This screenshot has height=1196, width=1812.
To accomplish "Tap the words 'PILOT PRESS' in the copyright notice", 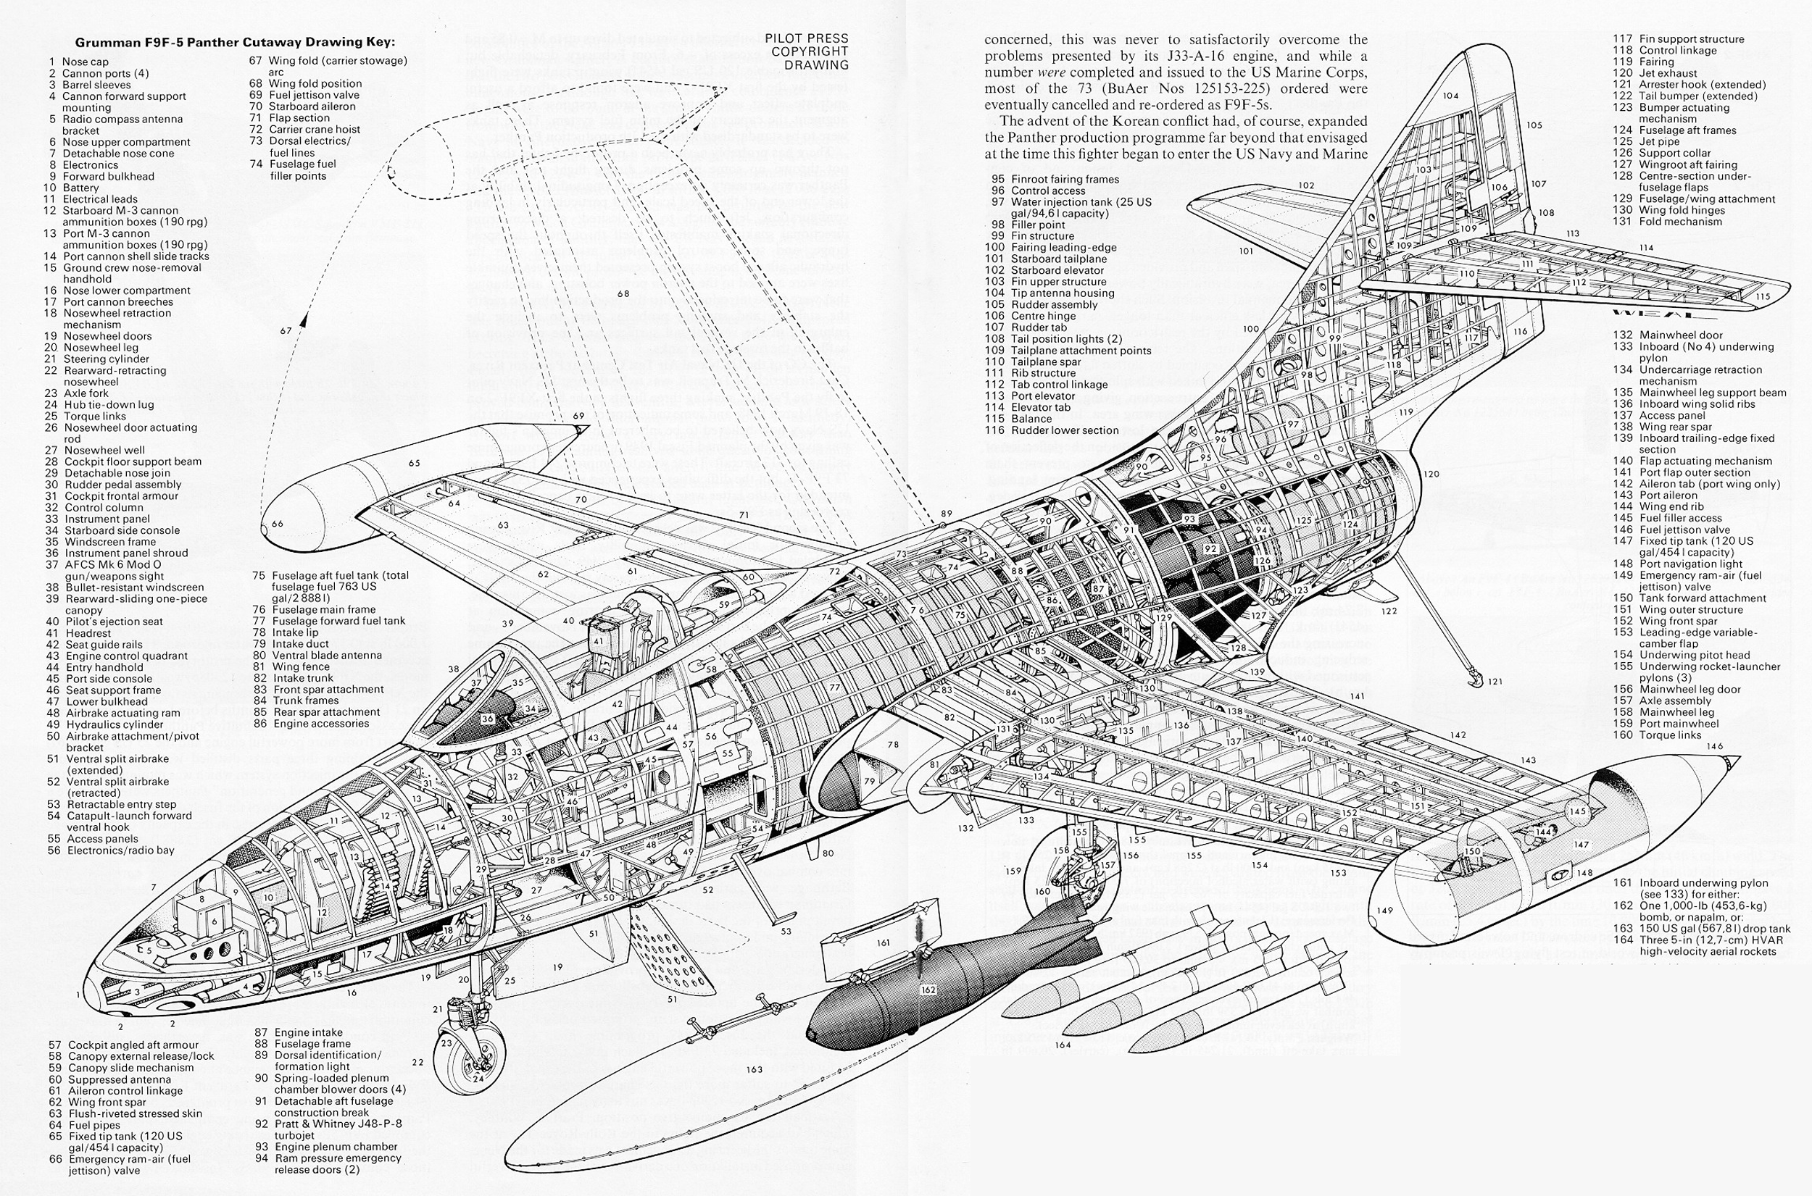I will pos(807,38).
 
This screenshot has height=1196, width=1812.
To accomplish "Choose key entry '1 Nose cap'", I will pos(78,62).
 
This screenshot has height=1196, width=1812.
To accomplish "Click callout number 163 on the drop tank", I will pos(755,1069).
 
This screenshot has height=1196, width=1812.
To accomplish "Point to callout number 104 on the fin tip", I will pos(1450,96).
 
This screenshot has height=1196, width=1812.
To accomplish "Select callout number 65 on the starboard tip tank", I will pos(415,463).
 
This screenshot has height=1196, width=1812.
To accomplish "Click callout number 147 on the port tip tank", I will pos(1580,845).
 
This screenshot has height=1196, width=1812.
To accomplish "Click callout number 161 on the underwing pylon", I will pos(883,942).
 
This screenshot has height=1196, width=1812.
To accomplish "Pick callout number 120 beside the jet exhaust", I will pos(1431,474).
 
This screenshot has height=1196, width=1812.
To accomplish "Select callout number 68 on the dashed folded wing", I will pos(623,293).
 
